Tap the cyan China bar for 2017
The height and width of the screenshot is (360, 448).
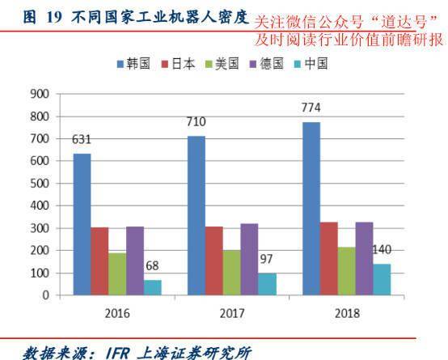[267, 284]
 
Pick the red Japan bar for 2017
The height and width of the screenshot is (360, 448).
[213, 260]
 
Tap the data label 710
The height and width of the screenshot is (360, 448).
[196, 121]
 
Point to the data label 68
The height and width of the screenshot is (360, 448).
[152, 265]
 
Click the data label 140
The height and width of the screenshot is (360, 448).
[382, 249]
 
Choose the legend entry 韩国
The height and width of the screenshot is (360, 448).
[137, 64]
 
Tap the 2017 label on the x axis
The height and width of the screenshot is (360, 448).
[231, 311]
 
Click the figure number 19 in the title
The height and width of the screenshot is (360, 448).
[53, 16]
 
